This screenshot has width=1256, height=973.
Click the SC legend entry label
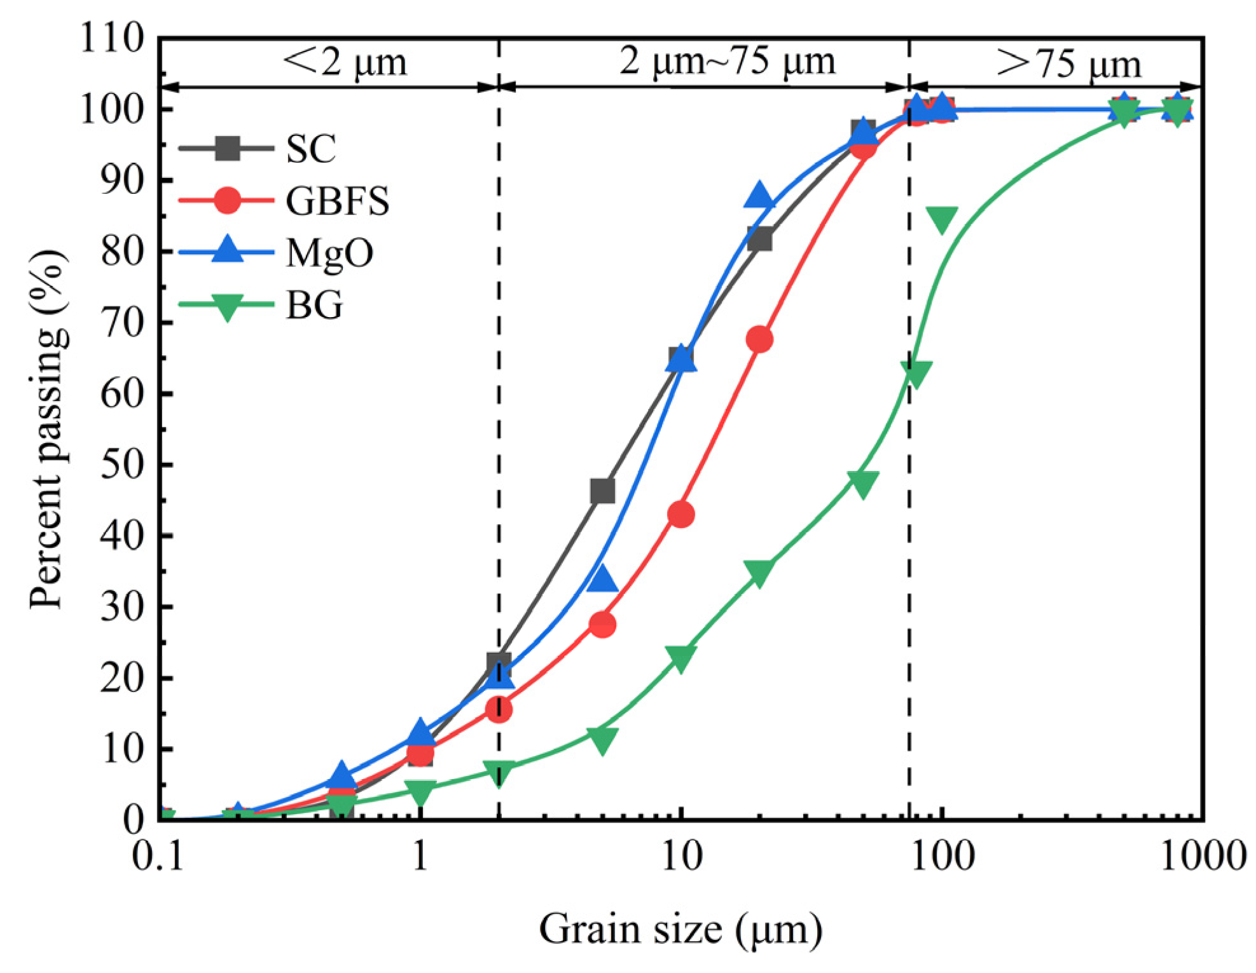310,149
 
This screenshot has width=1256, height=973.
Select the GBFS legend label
337,201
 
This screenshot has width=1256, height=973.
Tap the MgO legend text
329,253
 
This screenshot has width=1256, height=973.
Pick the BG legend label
314,305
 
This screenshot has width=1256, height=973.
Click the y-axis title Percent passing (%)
48,430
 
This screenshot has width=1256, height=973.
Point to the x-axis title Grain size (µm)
680,930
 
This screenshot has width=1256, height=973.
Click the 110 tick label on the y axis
112,38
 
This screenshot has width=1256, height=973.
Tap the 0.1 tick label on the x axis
158,855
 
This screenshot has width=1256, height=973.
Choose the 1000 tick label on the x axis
1203,855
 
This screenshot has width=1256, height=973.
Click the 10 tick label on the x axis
681,855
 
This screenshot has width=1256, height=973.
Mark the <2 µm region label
344,62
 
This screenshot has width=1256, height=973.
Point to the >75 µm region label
1068,64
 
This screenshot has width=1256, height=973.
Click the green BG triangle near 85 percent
942,219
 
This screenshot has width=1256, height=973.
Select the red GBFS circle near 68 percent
760,339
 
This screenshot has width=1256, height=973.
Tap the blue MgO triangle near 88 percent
759,195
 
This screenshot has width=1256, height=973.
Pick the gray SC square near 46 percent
603,491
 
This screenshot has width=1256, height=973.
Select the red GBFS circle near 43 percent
681,514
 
